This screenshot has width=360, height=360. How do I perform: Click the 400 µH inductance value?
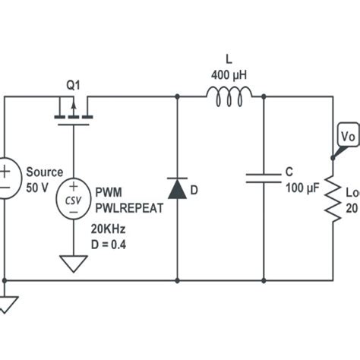(229, 75)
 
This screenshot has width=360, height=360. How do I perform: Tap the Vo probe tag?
(347, 137)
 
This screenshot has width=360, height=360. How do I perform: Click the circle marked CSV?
(73, 199)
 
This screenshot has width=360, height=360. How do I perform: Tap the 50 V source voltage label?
(37, 187)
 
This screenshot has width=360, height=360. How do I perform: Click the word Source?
(45, 172)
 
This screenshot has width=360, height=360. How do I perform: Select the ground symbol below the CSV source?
(73, 264)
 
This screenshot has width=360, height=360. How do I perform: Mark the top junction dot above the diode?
(177, 96)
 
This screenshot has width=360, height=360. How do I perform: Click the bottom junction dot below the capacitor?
(264, 279)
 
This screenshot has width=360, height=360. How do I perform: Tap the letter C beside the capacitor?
(289, 172)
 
